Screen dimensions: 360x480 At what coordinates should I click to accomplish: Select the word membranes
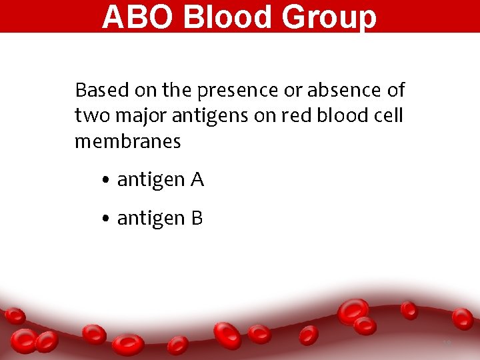(127, 141)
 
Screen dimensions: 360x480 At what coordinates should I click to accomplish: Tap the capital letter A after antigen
(197, 179)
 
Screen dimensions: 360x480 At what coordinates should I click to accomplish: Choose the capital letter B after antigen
(197, 218)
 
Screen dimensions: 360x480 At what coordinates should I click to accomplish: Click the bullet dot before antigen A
(107, 181)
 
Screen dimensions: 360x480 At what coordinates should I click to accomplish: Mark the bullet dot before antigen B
(107, 219)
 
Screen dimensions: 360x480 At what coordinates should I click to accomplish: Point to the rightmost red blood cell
(463, 319)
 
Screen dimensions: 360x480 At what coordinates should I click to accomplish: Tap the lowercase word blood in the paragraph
(333, 115)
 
